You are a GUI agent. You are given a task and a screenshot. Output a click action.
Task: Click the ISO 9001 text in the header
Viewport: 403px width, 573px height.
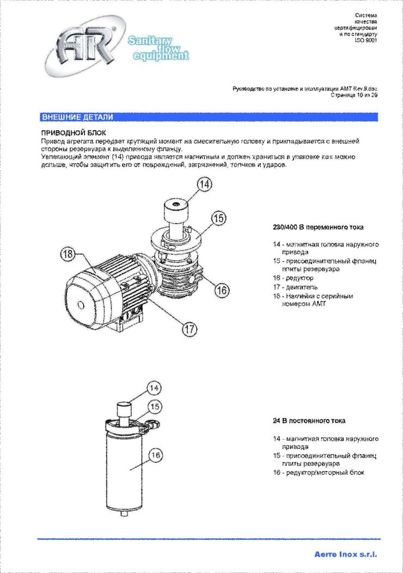pos(365,40)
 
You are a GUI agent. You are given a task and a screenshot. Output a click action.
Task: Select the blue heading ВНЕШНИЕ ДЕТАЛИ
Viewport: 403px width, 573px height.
pos(77,117)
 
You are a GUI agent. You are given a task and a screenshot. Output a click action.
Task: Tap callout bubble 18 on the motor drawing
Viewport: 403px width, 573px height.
pos(68,254)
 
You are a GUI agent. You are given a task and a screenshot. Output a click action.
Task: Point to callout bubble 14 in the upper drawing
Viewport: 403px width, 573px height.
pos(203,185)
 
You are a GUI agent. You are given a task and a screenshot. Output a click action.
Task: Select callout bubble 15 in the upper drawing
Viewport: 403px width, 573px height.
pos(218,218)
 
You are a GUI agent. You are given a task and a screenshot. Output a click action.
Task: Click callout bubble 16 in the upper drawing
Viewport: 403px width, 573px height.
pos(221,290)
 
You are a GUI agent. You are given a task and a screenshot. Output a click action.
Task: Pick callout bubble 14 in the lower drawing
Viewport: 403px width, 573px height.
pos(155,388)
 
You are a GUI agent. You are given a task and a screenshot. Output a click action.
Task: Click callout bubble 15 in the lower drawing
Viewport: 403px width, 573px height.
pos(155,406)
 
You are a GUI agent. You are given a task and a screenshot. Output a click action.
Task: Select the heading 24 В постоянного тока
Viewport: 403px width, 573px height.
pos(309,421)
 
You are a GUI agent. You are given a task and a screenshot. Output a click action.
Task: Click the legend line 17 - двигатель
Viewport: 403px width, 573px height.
pos(296,287)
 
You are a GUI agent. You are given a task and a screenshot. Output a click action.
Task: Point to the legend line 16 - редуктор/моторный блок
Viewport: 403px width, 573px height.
pos(319,472)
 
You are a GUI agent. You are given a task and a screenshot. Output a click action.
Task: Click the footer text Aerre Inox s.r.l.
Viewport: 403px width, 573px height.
pos(345,554)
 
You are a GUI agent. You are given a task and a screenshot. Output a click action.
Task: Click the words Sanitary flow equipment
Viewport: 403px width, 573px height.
pos(158,48)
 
